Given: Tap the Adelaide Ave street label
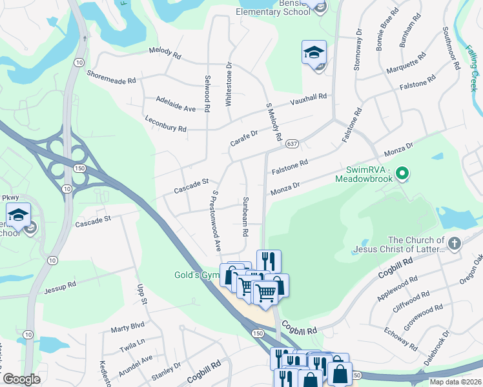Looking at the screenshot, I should point(176,104).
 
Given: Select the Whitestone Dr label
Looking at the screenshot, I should point(229,84).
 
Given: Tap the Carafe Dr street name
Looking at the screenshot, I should point(245,137).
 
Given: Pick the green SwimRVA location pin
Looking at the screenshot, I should point(403,173).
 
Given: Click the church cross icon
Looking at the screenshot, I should point(455,243).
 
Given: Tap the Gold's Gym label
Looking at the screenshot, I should point(196,275).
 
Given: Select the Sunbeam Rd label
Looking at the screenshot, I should point(245,217).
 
